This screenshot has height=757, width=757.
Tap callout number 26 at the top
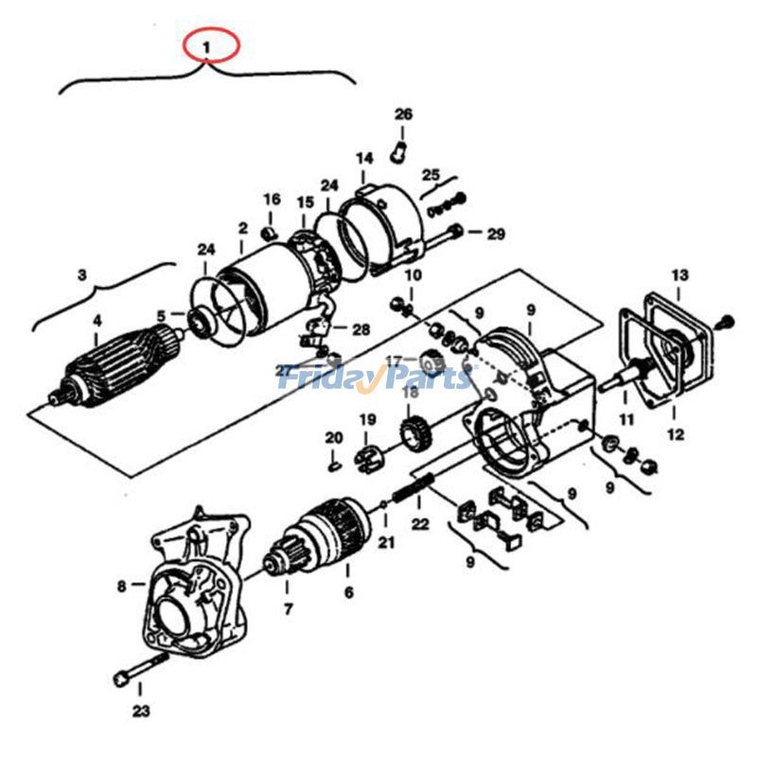(x=403, y=114)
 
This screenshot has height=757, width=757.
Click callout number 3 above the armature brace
(x=81, y=275)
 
